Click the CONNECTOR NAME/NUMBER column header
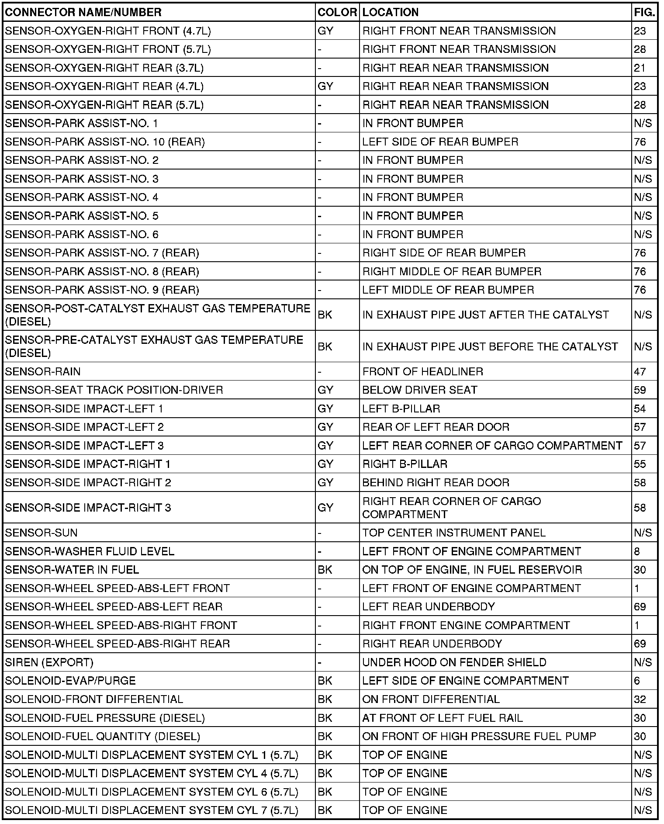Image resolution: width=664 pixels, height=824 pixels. click(x=83, y=12)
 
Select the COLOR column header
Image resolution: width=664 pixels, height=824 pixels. click(x=337, y=12)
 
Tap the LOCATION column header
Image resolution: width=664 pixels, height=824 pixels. click(x=391, y=12)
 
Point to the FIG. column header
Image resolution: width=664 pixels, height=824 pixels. click(x=644, y=12)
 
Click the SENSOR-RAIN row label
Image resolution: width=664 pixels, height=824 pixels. click(x=43, y=371)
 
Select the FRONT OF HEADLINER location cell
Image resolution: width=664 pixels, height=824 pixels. click(x=423, y=371)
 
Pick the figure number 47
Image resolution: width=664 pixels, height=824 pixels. click(x=640, y=371)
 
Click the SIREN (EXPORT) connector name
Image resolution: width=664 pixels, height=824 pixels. click(x=49, y=662)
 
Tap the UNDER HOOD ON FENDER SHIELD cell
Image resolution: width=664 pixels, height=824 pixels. click(x=454, y=662)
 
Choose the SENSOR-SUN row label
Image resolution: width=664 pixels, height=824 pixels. click(x=41, y=533)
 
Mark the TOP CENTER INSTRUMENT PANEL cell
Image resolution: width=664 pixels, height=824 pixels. click(x=454, y=533)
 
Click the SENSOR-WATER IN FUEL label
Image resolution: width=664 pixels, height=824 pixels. click(x=72, y=570)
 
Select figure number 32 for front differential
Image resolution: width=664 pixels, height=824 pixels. click(x=640, y=699)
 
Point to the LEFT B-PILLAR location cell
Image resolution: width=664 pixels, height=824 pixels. click(x=401, y=409)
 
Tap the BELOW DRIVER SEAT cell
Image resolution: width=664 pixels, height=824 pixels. click(x=420, y=390)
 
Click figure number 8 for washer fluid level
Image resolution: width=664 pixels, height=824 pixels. click(x=637, y=551)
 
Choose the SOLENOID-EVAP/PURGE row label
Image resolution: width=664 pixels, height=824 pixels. click(x=70, y=681)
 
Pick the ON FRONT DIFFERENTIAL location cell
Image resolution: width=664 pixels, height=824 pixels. click(x=431, y=699)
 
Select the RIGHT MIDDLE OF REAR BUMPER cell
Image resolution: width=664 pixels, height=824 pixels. click(x=452, y=271)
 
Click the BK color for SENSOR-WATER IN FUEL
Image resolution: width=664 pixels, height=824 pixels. click(x=325, y=570)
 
